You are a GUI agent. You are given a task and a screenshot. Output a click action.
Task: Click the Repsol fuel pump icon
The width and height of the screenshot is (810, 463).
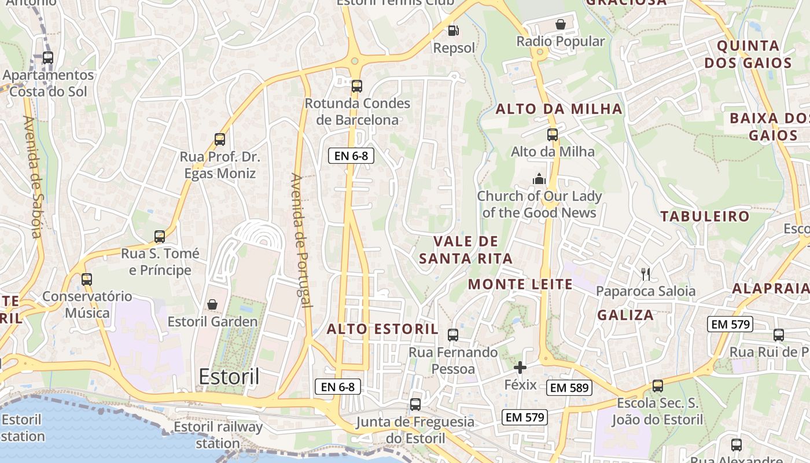tap(454, 30)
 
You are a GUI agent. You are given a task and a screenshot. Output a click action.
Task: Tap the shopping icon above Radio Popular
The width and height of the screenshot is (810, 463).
tap(560, 24)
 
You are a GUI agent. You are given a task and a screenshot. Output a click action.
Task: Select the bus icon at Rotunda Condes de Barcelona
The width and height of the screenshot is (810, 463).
tap(357, 86)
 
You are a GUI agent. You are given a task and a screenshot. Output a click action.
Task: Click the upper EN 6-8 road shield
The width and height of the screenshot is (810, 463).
tap(351, 155)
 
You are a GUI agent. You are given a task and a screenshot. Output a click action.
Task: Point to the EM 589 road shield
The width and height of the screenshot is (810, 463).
tap(569, 388)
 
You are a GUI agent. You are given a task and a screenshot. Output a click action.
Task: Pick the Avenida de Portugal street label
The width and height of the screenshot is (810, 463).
tap(301, 240)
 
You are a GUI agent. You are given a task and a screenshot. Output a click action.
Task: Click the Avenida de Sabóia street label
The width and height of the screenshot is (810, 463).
tap(32, 177)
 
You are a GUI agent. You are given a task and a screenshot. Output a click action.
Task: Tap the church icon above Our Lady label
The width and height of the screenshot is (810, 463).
tap(539, 179)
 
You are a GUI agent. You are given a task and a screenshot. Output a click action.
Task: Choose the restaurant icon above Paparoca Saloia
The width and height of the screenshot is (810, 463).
tap(646, 274)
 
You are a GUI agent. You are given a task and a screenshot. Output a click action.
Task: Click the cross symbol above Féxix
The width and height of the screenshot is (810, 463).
tap(520, 367)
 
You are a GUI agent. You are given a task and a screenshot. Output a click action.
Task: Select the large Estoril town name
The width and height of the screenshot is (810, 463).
tap(229, 376)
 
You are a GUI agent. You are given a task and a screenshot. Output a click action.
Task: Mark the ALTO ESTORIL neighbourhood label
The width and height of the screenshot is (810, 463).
tap(382, 329)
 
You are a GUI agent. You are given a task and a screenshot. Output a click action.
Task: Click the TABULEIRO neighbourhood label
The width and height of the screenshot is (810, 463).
tap(705, 216)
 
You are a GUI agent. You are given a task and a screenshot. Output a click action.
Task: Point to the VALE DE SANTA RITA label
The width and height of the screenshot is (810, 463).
tap(466, 250)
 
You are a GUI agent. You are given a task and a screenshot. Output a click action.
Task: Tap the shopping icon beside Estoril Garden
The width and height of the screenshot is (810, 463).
tap(212, 304)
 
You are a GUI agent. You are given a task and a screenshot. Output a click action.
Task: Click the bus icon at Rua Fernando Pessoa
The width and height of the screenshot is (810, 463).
tap(453, 335)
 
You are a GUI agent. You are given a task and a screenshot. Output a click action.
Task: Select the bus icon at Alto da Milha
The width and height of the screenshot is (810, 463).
tap(553, 135)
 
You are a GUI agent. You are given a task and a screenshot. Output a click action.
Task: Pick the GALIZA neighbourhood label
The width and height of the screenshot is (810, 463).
tap(625, 315)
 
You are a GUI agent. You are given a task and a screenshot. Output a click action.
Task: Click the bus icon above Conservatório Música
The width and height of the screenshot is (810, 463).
tap(87, 280)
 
